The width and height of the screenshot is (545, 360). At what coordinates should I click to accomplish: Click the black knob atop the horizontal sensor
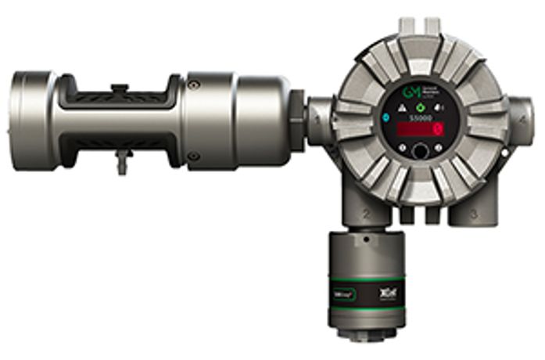(x=119, y=88)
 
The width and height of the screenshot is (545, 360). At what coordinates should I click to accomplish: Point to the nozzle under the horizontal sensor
(x=120, y=162)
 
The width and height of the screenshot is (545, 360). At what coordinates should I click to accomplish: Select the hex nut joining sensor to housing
(x=297, y=117)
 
